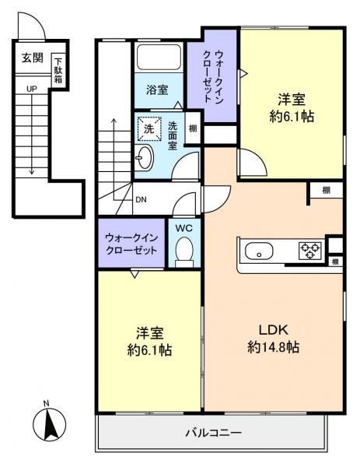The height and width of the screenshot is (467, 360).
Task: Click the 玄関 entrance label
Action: pos(32,58)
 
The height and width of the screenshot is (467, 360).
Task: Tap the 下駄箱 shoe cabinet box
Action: pos(58,71)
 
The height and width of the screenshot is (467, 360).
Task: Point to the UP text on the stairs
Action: pos(32,90)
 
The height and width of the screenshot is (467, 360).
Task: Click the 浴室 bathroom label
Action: pos(158,90)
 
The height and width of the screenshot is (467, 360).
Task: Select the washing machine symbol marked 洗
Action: pos(147,128)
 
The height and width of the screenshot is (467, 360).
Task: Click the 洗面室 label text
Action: pos(173,134)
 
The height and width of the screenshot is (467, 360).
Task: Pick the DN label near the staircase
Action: pos(141,199)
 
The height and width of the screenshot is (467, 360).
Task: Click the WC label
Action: pos(184,229)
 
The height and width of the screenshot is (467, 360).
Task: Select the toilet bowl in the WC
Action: pos(184,251)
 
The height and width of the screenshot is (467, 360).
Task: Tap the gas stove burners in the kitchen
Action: pos(311,251)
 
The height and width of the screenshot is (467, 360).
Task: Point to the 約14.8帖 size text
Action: pos(273,347)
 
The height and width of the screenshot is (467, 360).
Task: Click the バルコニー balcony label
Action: pos(212,433)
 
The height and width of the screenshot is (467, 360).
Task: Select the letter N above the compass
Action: pos(47,402)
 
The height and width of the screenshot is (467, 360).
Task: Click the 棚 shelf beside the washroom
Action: pos(191,128)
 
